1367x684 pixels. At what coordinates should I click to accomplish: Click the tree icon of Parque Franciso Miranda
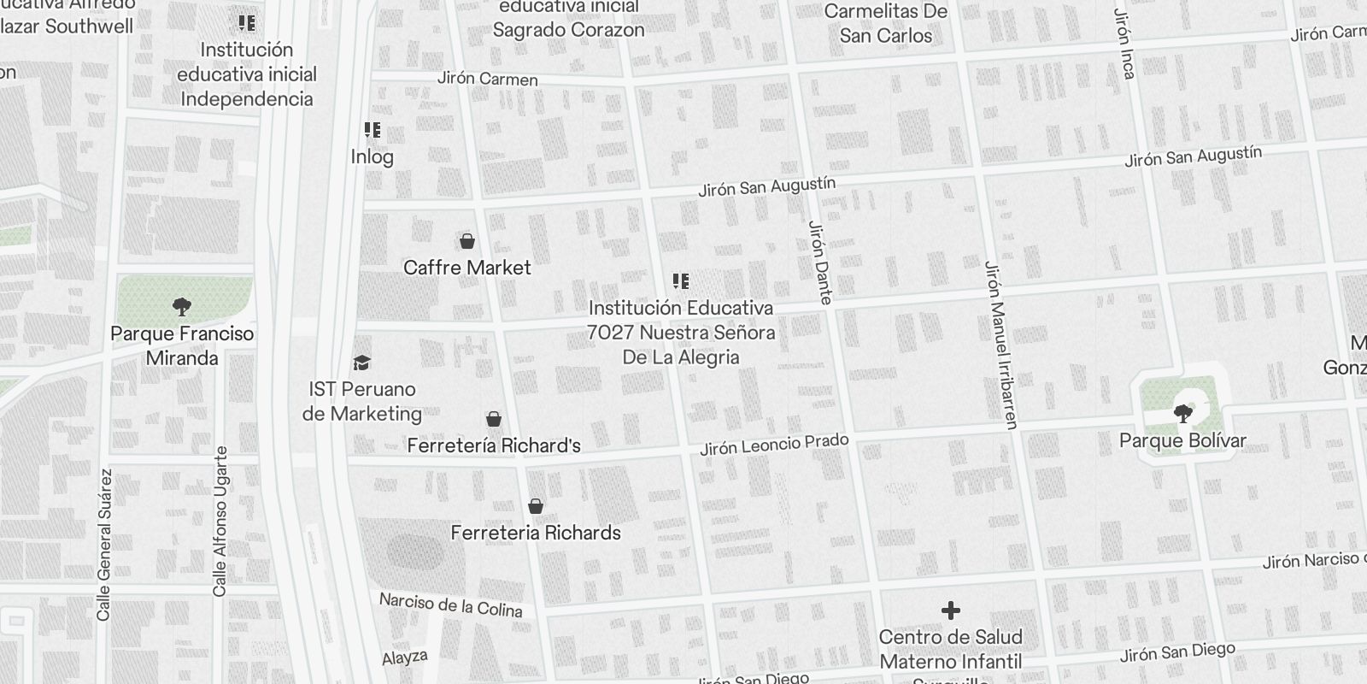tap(181, 306)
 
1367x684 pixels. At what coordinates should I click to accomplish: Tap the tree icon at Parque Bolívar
tap(1183, 414)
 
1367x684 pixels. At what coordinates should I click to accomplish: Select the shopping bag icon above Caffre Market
tap(467, 241)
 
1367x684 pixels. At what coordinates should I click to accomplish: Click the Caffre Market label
tap(467, 268)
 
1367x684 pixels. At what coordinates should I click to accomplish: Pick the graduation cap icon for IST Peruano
tap(362, 363)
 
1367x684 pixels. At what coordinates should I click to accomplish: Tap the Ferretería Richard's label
tap(494, 445)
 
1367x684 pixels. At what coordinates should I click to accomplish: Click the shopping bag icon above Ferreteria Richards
tap(536, 506)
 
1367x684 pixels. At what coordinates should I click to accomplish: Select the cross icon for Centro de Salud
tap(950, 610)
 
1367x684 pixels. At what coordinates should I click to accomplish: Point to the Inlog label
tap(373, 156)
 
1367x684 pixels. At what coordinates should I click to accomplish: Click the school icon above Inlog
tap(373, 130)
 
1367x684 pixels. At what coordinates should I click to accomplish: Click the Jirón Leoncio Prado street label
tap(774, 444)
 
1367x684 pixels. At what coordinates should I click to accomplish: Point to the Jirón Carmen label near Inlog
tap(488, 79)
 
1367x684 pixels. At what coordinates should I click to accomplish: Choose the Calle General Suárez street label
tap(104, 544)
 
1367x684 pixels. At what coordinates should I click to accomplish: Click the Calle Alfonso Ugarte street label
tap(220, 521)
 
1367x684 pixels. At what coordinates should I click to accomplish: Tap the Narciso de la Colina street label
tap(450, 604)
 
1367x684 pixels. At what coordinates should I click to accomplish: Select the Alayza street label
tap(405, 658)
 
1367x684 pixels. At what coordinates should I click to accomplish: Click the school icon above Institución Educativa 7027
tap(681, 280)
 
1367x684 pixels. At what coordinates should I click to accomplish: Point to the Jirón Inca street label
tap(1124, 44)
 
